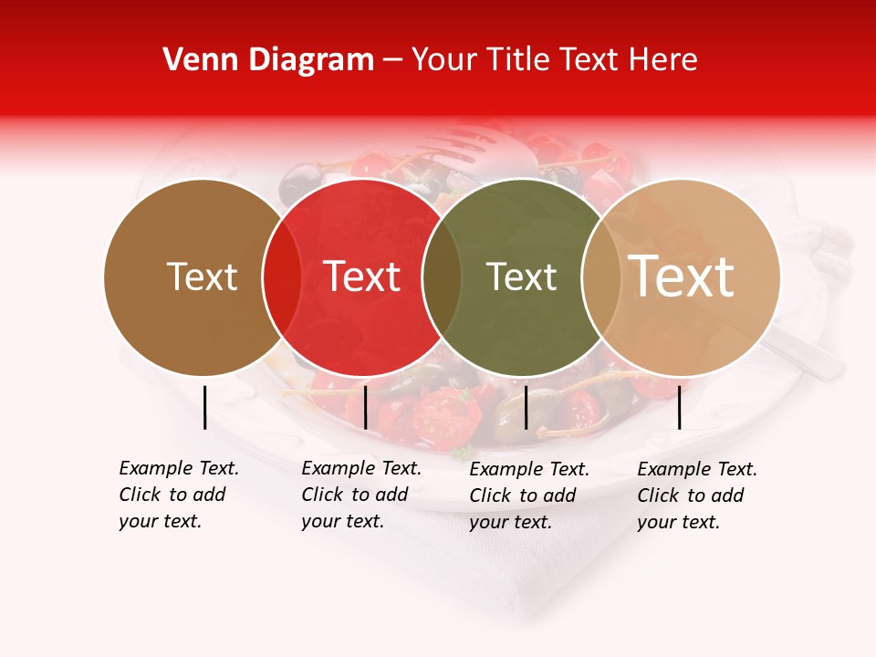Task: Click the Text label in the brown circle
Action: pos(202,276)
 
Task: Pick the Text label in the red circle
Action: pos(361,276)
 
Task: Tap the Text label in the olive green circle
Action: pos(521,276)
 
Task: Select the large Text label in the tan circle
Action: pos(682,276)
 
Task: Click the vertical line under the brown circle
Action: pos(204,407)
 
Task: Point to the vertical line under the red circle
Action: pos(365,407)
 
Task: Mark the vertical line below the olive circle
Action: pos(526,407)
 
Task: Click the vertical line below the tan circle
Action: pos(680,407)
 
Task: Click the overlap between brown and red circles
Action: pos(282,276)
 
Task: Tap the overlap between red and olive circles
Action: pos(442,276)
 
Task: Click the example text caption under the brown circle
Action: pos(179,495)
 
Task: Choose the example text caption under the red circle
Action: pos(361,495)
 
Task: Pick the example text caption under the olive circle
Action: pos(529,495)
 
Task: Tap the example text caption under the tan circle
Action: pos(697,495)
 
